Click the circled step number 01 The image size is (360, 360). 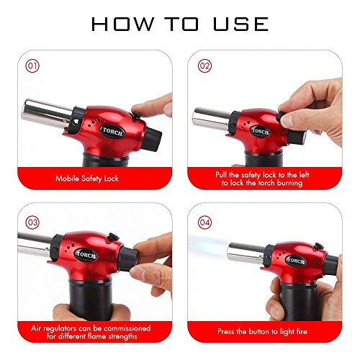click(x=32, y=66)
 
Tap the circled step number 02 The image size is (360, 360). click(x=204, y=66)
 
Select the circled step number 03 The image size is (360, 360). click(x=32, y=222)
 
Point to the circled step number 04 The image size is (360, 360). click(x=204, y=222)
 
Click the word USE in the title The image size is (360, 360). click(x=240, y=24)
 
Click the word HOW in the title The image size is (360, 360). click(x=122, y=24)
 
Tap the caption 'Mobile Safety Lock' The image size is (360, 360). click(x=87, y=179)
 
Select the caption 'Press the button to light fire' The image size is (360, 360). click(x=262, y=331)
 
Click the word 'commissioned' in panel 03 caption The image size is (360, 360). click(x=127, y=328)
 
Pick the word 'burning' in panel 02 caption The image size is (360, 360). click(x=289, y=183)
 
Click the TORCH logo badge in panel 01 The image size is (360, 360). click(x=112, y=132)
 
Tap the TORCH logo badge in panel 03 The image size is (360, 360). click(x=86, y=255)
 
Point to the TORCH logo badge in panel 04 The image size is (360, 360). click(x=295, y=261)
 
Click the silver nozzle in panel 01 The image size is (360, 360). click(x=47, y=113)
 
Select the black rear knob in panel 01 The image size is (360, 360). click(x=153, y=140)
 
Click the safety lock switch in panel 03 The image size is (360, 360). click(x=114, y=237)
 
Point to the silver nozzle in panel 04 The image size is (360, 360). click(x=247, y=253)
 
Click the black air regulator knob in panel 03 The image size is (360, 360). click(x=129, y=259)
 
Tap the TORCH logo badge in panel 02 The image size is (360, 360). click(x=260, y=132)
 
